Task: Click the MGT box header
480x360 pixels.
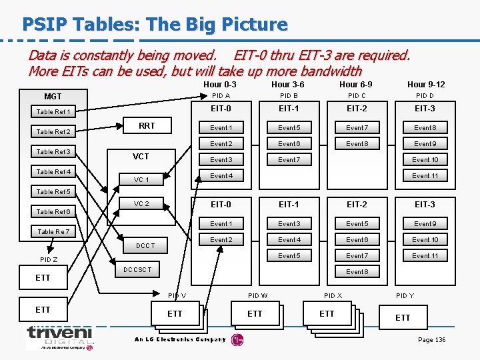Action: click(53, 97)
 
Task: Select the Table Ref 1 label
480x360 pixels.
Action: click(53, 112)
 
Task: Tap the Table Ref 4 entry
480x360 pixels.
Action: click(53, 172)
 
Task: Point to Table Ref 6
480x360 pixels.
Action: click(53, 212)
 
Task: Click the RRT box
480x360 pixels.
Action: click(147, 125)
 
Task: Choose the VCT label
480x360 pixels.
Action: click(141, 157)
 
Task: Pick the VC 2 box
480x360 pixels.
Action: click(141, 204)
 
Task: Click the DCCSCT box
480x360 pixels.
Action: click(138, 270)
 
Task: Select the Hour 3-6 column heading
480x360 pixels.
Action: click(288, 85)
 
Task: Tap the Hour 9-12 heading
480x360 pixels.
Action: click(426, 85)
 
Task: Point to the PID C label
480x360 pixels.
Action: click(357, 96)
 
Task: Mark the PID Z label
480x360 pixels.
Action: click(49, 259)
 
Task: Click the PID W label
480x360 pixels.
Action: click(258, 295)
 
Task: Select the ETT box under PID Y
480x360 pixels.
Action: click(403, 317)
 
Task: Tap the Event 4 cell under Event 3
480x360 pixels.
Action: click(221, 176)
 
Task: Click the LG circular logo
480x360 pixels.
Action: click(237, 340)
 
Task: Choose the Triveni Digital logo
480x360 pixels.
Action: click(59, 337)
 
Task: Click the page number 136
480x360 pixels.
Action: click(431, 340)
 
